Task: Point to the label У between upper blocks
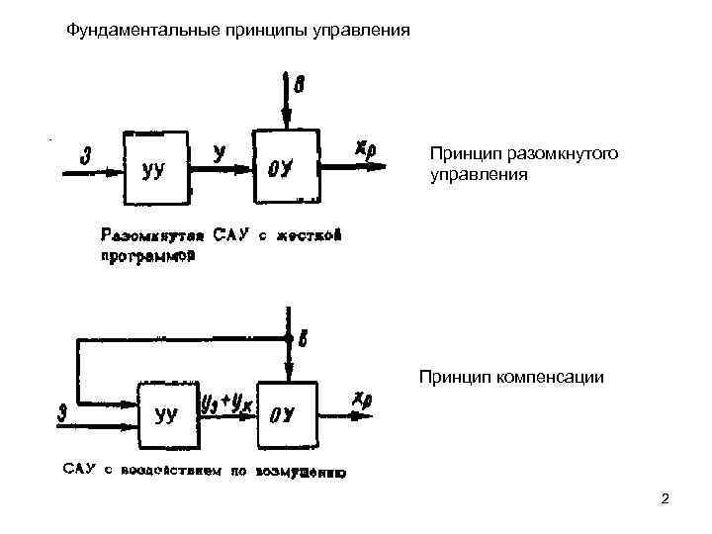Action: [x=219, y=151]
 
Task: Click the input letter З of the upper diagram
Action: [x=87, y=155]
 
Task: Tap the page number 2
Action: [x=665, y=499]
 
